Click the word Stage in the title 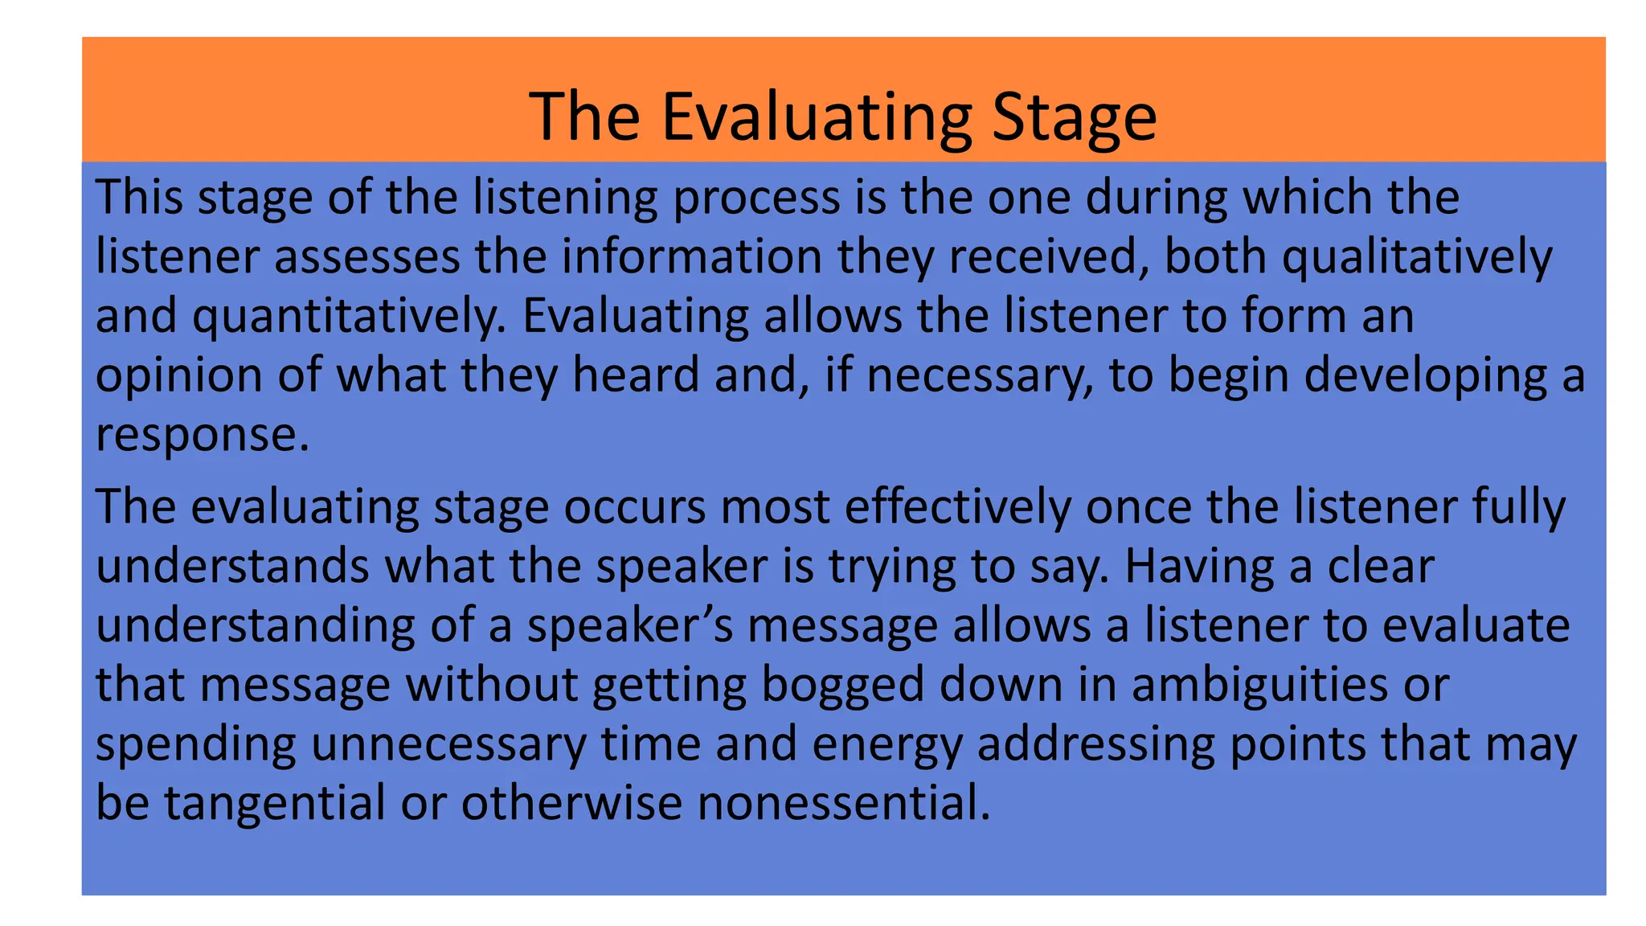click(1074, 117)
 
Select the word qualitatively click(1416, 257)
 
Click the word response click(201, 435)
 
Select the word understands click(232, 566)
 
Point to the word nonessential click(844, 803)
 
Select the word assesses click(366, 257)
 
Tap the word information click(691, 257)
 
